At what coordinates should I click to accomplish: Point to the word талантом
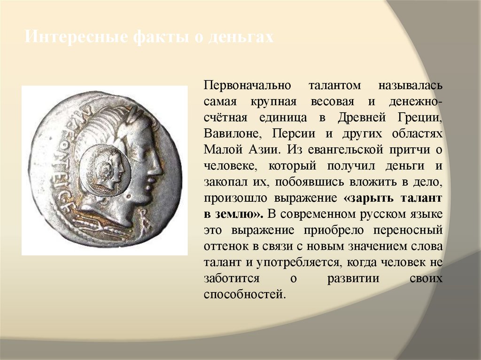coord(334,86)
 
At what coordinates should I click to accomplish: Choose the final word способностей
coord(244,295)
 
